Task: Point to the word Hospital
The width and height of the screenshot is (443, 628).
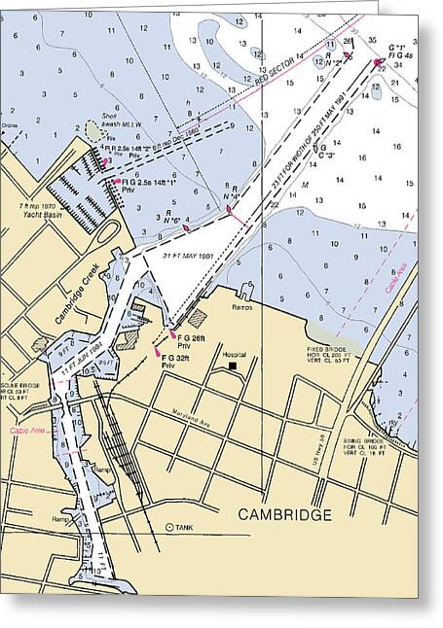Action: pyautogui.click(x=234, y=356)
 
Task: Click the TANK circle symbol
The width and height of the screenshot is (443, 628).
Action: pyautogui.click(x=169, y=527)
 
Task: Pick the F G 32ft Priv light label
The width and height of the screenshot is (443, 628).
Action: pyautogui.click(x=175, y=362)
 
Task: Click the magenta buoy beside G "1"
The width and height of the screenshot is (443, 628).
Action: pyautogui.click(x=378, y=63)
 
